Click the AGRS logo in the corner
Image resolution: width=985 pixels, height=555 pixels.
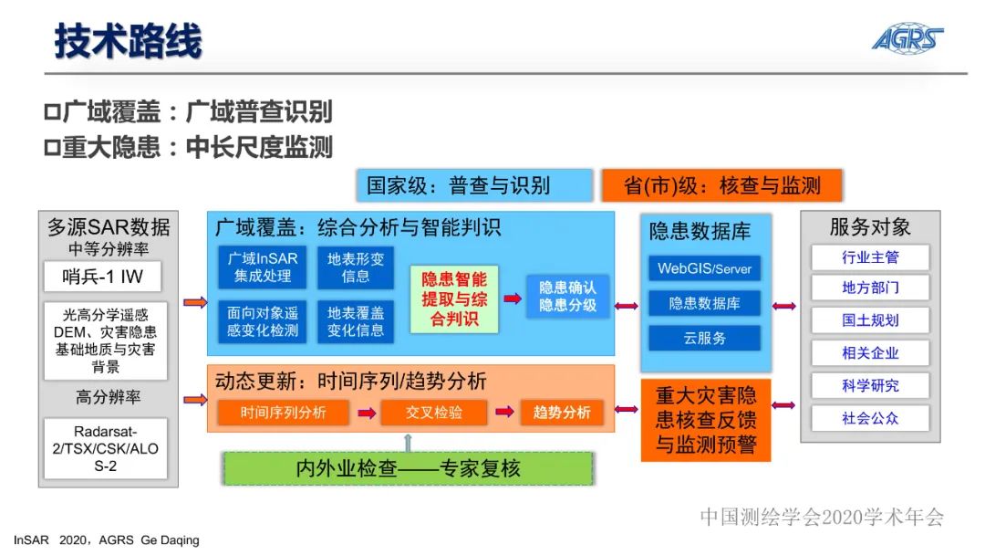907,37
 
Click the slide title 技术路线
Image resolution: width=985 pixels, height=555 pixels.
128,41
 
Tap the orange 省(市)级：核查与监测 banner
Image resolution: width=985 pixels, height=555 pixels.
721,186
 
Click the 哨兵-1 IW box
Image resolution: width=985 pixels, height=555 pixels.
106,277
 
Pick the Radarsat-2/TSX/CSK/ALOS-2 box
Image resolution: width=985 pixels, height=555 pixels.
106,448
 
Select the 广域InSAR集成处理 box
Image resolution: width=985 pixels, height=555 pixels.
263,267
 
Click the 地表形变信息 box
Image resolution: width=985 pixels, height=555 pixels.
356,267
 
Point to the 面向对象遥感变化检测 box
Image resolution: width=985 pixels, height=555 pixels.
263,321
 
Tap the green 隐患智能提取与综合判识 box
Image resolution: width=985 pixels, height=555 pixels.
453,298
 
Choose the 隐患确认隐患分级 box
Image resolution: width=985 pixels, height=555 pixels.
567,296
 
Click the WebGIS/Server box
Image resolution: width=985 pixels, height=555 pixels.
704,268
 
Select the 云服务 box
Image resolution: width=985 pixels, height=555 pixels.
704,338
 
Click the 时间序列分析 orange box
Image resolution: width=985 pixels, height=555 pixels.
283,413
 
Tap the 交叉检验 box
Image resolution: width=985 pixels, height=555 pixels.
433,413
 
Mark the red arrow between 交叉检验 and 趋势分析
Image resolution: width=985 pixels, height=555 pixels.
503,413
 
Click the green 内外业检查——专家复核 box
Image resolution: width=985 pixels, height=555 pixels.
408,468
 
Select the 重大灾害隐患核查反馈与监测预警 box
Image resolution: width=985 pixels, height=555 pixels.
706,421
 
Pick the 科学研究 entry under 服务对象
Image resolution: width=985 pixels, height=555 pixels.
869,385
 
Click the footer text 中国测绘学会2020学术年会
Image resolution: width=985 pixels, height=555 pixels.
821,518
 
